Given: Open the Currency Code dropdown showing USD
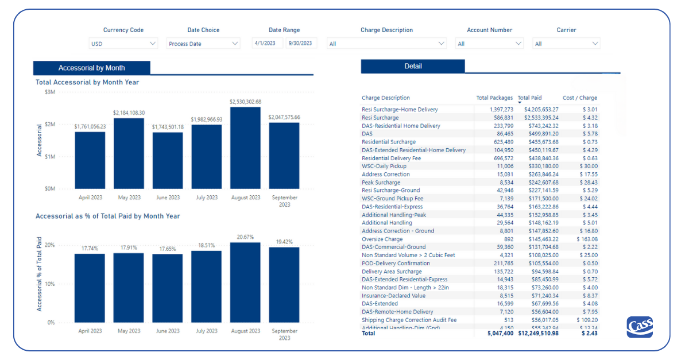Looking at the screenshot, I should [x=123, y=44].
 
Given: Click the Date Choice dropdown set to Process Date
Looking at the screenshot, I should [x=203, y=44].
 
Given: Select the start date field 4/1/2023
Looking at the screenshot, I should [x=268, y=43].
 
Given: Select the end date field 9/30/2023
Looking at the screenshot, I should [x=301, y=43].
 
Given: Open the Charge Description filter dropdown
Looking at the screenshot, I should [x=386, y=44].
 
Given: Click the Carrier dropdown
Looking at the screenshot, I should [x=567, y=44].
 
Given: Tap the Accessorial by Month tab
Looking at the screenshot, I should [x=92, y=68].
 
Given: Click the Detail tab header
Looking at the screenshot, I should [x=413, y=67].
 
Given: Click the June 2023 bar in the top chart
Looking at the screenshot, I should [x=168, y=161].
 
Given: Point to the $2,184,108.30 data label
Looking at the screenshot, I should [x=129, y=113].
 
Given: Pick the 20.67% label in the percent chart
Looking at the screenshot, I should [x=245, y=237].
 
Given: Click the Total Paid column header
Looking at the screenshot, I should [x=529, y=98].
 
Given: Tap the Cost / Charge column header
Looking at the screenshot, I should [x=579, y=98].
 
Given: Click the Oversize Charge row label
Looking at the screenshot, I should [x=382, y=239].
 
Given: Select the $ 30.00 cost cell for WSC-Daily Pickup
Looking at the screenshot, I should [x=587, y=167].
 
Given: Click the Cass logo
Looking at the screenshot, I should [x=640, y=327].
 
